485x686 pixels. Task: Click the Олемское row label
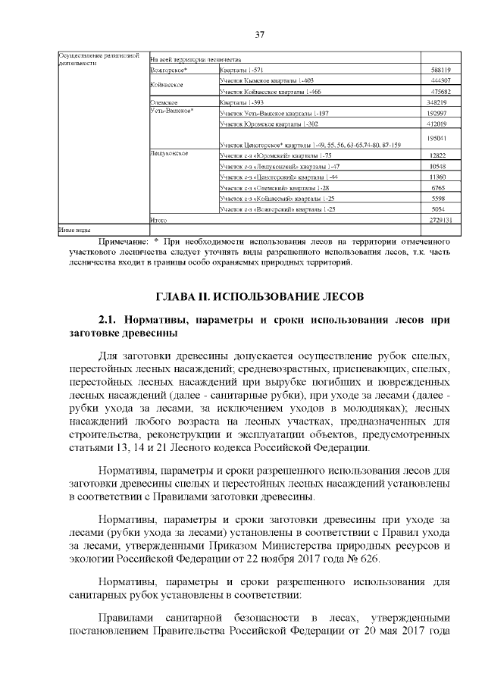click(164, 102)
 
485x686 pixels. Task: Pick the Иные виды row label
click(75, 228)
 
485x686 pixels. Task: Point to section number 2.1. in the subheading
click(109, 320)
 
